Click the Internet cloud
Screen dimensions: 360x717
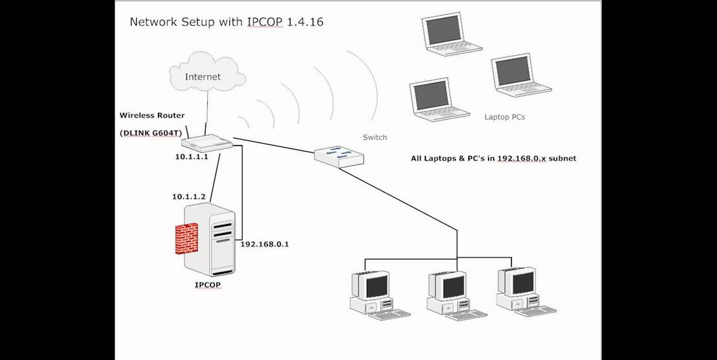[203, 77]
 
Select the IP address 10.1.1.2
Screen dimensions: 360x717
[188, 196]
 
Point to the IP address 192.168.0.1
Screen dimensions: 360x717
[265, 244]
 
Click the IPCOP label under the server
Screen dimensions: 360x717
[208, 284]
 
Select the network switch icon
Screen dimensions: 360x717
[339, 157]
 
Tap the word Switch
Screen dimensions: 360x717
[375, 137]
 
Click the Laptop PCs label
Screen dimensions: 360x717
[505, 117]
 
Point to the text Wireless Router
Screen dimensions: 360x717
[152, 115]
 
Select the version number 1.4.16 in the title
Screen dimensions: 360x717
[303, 22]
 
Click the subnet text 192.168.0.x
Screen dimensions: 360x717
[520, 158]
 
